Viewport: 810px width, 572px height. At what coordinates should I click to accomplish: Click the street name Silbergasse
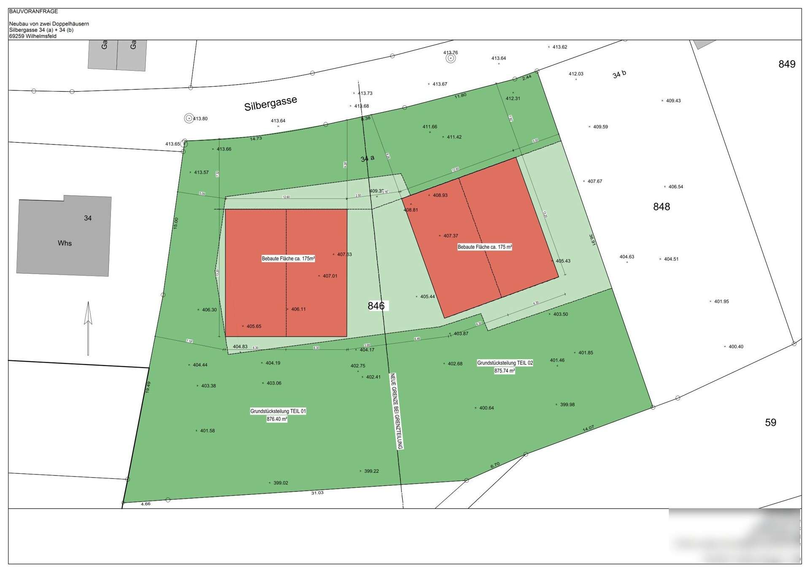270,103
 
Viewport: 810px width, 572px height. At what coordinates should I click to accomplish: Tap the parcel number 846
376,306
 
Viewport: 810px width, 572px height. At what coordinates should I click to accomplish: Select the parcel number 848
661,207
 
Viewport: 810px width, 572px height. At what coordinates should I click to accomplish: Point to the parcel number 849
787,64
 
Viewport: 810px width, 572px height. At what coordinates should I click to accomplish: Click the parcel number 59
770,422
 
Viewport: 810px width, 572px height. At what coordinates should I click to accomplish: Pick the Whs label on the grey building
65,243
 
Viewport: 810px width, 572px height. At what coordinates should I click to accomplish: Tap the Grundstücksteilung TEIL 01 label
278,411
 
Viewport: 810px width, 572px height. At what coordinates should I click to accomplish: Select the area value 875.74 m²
505,371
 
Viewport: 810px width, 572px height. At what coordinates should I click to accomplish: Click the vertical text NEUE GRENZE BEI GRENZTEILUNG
397,411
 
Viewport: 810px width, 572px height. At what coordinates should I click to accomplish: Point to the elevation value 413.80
200,119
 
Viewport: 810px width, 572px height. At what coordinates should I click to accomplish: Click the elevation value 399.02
280,483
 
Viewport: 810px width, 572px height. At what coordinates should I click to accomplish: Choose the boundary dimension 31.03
317,493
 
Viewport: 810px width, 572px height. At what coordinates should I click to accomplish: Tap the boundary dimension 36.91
592,240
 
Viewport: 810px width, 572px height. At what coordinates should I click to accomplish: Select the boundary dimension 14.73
256,138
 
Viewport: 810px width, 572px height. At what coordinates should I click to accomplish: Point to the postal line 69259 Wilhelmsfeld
32,36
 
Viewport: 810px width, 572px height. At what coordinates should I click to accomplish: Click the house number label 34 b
619,74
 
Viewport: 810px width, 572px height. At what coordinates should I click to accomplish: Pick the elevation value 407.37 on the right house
450,236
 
